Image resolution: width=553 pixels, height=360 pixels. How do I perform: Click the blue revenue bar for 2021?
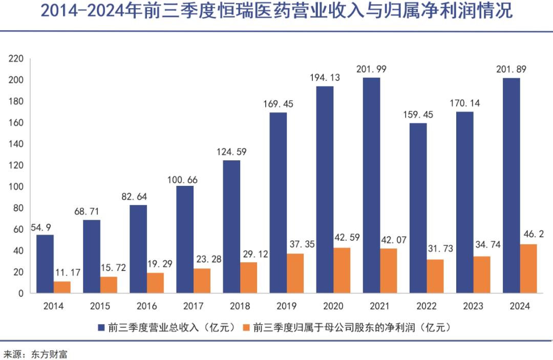(372, 185)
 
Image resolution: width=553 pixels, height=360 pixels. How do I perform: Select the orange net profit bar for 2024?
(528, 269)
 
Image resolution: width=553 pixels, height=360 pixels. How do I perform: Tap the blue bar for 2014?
(45, 264)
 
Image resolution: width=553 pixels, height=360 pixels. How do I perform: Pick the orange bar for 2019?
(295, 273)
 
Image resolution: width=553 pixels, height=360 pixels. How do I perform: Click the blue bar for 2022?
(418, 208)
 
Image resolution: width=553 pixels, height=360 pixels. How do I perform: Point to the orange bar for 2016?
(156, 283)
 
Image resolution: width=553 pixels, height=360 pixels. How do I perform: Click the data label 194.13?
(325, 78)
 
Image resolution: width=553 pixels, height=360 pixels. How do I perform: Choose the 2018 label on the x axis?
(240, 306)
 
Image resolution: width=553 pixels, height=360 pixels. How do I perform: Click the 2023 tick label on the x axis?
(473, 306)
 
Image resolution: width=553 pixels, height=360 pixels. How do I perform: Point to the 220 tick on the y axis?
(16, 59)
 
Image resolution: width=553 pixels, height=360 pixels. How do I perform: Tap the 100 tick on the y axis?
(16, 187)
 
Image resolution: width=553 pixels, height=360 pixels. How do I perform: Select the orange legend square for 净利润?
(246, 327)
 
